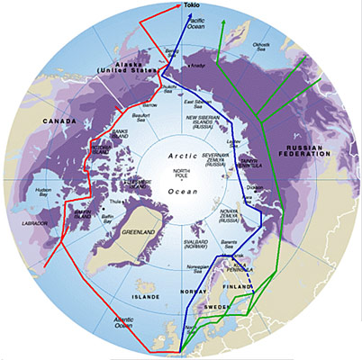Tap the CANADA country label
(x=35, y=122)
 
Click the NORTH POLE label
(x=183, y=173)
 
